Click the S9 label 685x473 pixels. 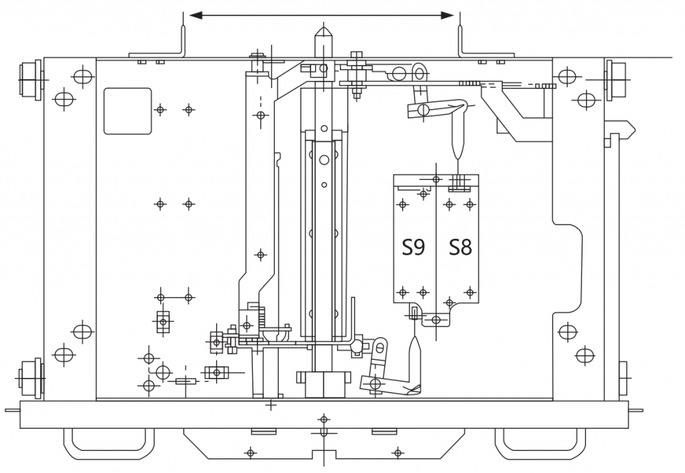pos(413,248)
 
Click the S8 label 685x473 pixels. pos(460,248)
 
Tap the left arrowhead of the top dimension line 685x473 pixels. pos(196,16)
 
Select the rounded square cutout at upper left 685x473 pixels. pos(128,111)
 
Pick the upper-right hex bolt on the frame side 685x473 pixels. pos(616,80)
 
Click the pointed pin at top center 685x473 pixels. pos(323,42)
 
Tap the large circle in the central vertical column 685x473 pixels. pos(324,160)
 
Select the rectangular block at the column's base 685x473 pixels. pos(324,384)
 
